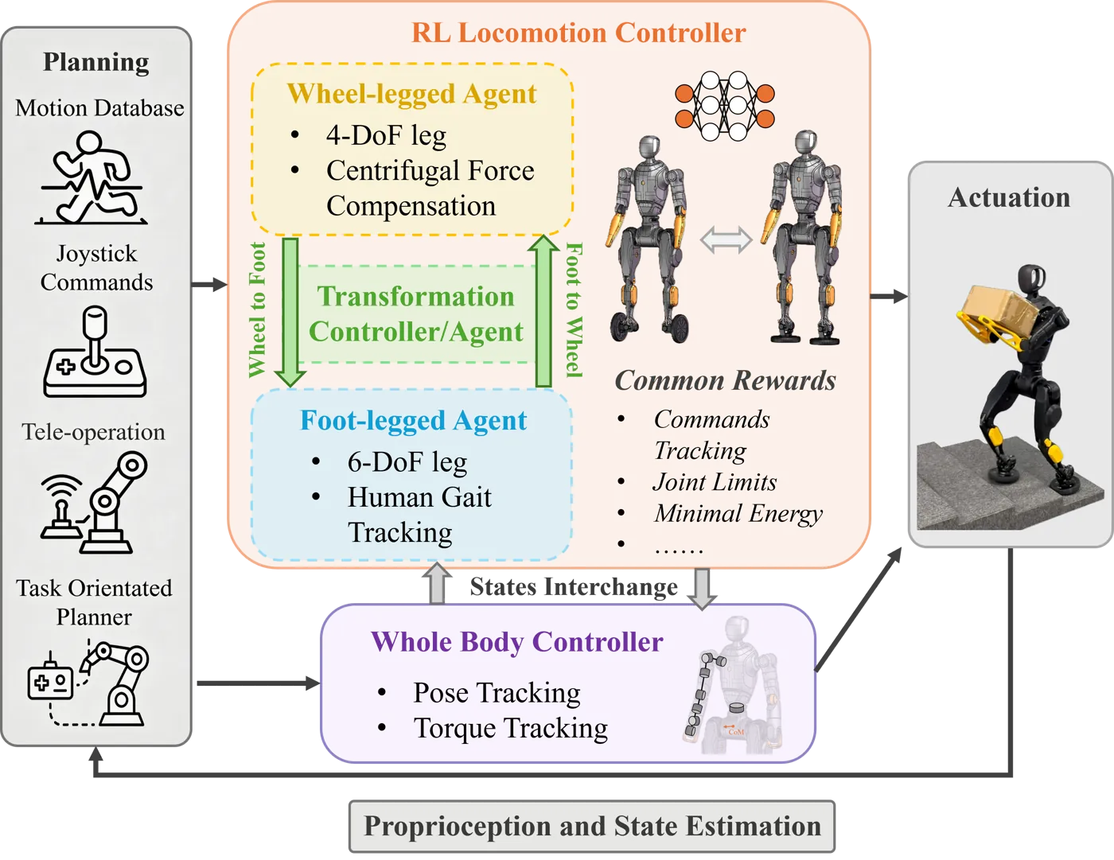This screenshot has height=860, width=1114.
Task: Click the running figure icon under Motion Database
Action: click(92, 177)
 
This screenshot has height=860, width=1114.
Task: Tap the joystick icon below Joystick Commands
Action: click(95, 352)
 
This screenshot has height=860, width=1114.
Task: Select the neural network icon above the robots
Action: click(724, 106)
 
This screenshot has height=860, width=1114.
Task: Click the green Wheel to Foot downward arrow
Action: click(290, 312)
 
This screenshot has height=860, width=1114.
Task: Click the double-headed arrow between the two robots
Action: click(726, 239)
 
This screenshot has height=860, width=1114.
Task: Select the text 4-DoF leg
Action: click(386, 135)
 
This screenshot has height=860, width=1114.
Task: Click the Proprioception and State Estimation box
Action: click(592, 826)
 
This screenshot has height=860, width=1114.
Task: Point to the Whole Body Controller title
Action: click(516, 642)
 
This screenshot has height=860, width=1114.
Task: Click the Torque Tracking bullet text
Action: click(511, 728)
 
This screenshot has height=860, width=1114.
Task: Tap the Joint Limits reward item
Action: click(715, 482)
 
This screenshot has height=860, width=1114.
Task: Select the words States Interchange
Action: click(574, 587)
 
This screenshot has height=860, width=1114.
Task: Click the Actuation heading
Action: click(1009, 197)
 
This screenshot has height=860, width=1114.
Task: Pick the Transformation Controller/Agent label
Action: click(416, 313)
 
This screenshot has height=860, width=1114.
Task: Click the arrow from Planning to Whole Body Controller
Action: click(259, 683)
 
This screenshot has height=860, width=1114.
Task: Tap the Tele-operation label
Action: click(93, 432)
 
